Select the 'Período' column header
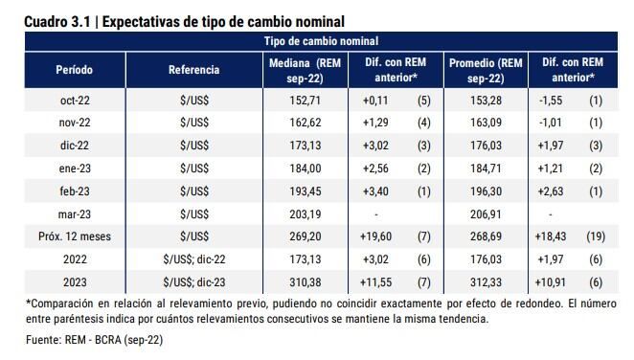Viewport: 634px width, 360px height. pyautogui.click(x=75, y=70)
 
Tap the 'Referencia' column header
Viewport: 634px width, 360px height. pyautogui.click(x=193, y=70)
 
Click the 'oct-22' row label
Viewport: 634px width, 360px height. pyautogui.click(x=75, y=100)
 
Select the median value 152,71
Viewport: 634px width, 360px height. pyautogui.click(x=304, y=100)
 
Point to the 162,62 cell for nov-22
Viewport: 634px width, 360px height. pyautogui.click(x=304, y=123)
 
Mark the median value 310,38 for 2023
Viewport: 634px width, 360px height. pyautogui.click(x=304, y=282)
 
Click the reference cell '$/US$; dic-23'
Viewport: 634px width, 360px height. pyautogui.click(x=194, y=282)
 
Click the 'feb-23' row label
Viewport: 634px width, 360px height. pyautogui.click(x=75, y=191)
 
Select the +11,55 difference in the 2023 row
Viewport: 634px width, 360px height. pyautogui.click(x=376, y=282)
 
